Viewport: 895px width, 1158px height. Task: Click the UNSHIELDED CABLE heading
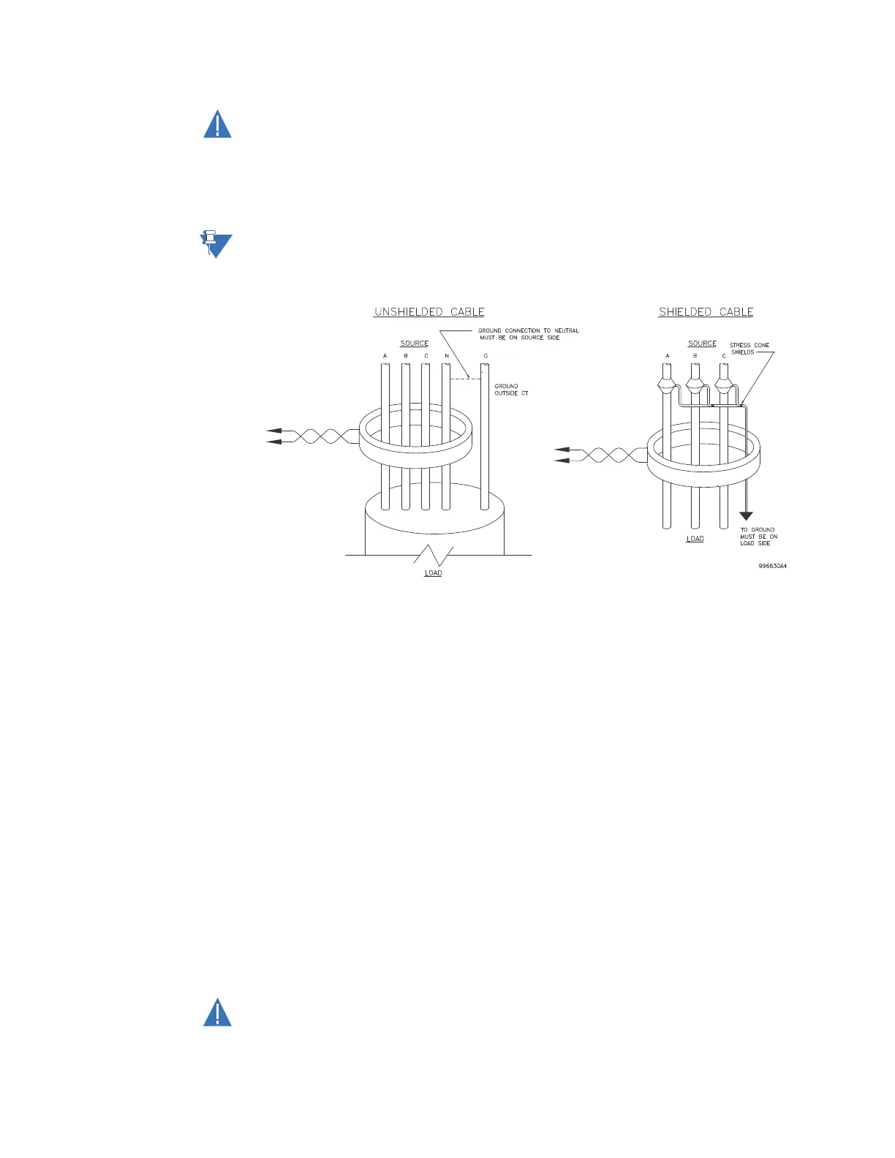429,312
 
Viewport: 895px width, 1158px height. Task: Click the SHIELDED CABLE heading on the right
706,312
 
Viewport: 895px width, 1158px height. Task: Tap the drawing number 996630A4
772,566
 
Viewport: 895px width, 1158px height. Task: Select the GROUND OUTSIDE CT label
511,390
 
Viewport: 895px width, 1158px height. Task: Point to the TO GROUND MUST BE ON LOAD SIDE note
758,537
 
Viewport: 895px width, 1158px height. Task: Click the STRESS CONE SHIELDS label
749,349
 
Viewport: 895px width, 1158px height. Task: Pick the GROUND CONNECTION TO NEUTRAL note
528,334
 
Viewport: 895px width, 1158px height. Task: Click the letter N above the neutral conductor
447,357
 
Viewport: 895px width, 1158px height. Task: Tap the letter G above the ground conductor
486,357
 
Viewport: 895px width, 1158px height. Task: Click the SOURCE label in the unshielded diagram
415,344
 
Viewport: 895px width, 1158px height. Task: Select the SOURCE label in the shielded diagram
702,344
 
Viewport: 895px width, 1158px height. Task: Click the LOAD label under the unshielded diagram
434,573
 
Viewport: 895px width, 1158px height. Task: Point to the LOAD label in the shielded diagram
695,539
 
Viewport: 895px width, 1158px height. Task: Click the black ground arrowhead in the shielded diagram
746,516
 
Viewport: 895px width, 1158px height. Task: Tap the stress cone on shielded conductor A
666,382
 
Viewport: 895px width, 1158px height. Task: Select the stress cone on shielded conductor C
724,382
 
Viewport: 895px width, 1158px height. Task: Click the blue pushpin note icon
215,245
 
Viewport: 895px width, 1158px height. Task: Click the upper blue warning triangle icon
217,125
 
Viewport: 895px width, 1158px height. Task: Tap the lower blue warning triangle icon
217,1013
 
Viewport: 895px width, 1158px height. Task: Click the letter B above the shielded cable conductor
695,357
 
